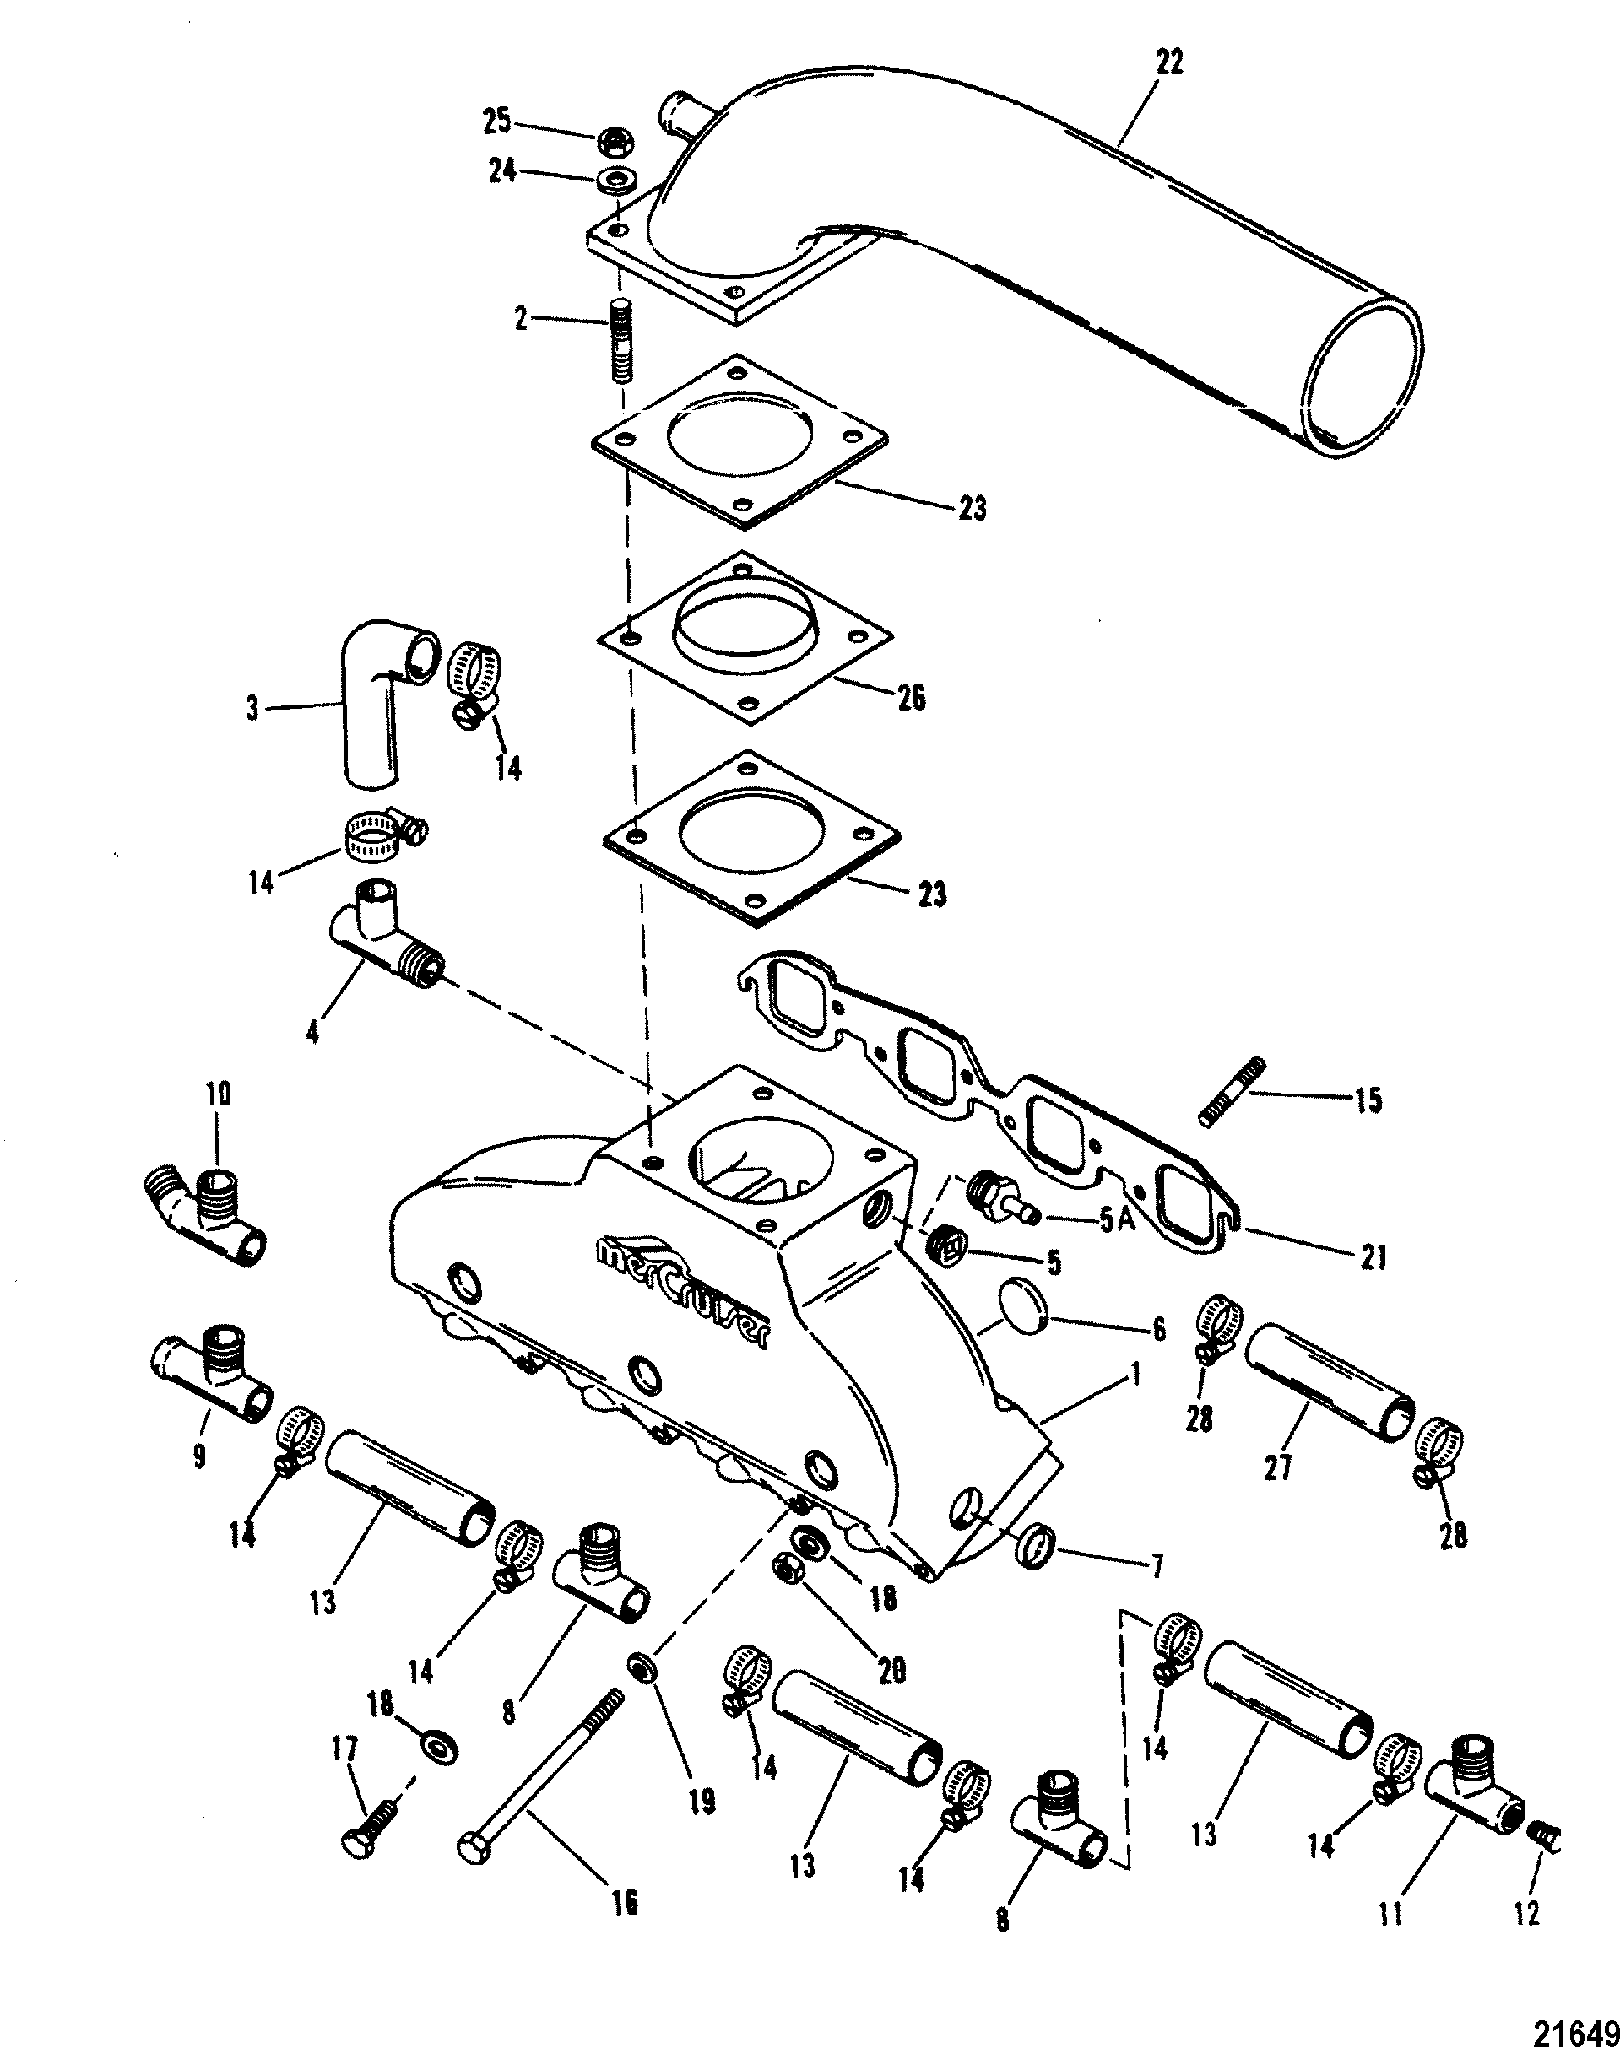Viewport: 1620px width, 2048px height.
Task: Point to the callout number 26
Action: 912,699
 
